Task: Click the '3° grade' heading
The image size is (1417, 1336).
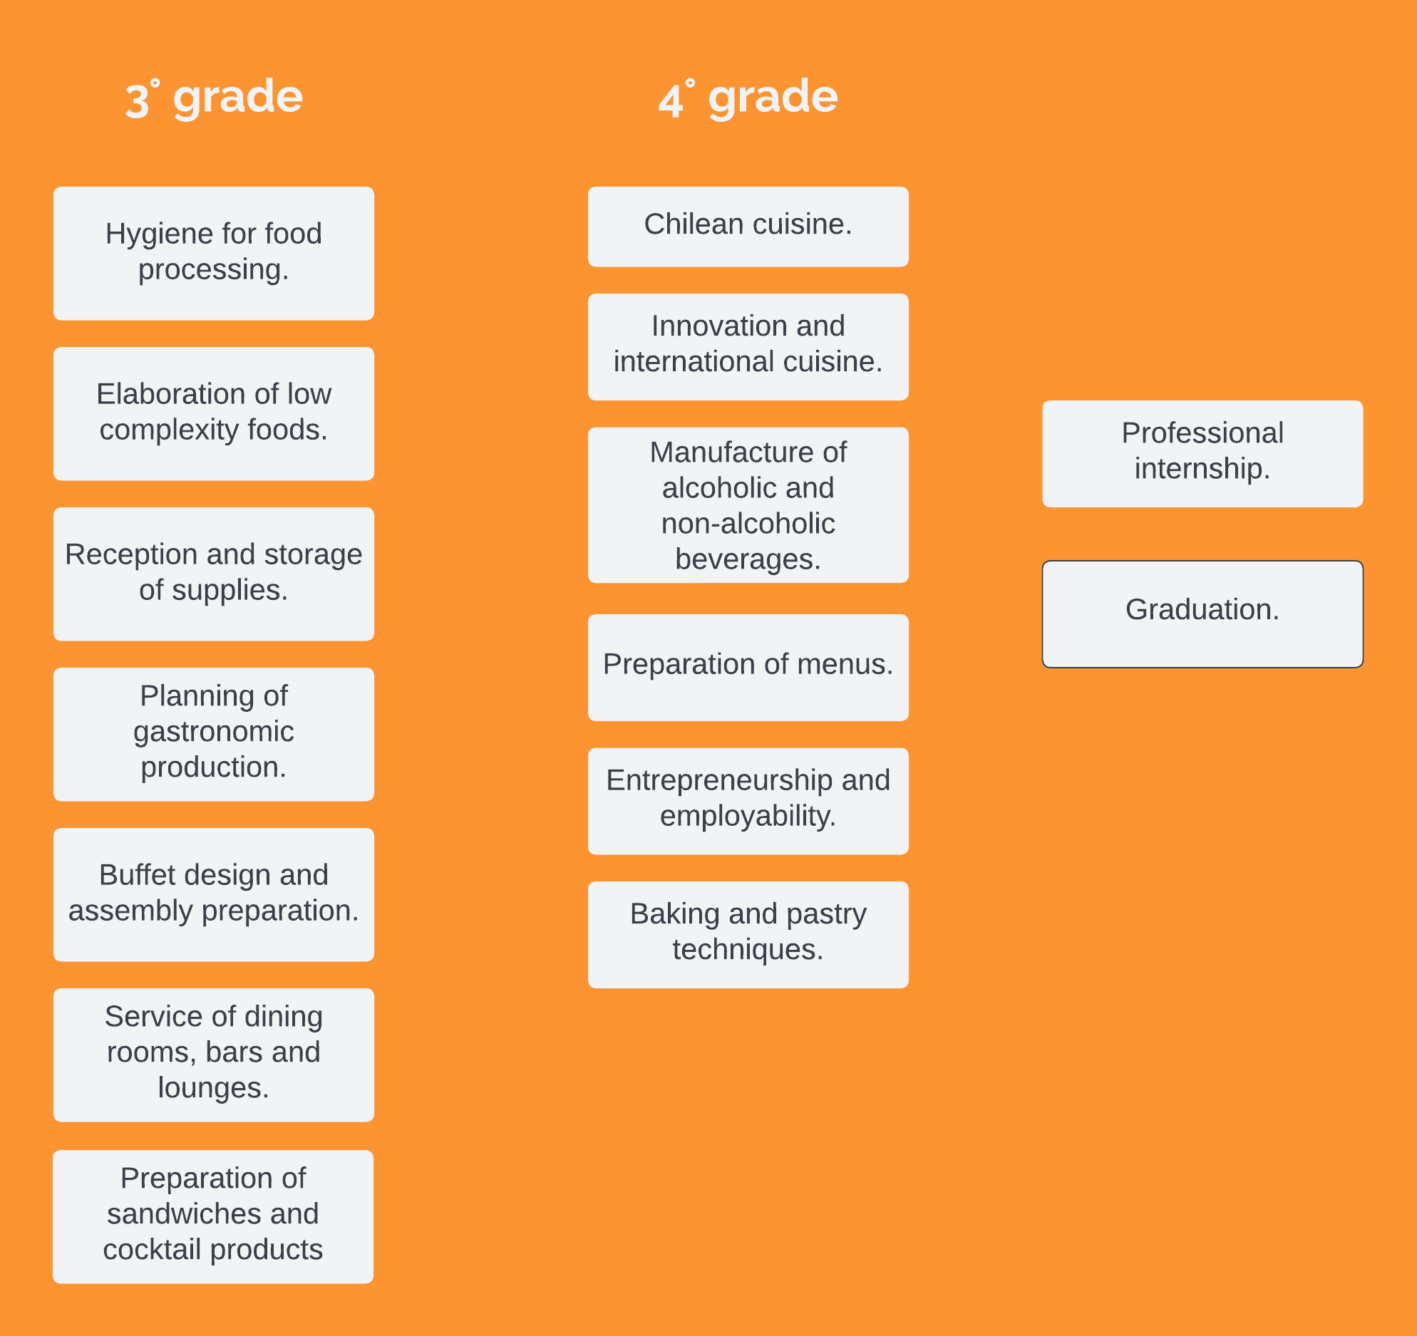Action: click(x=214, y=98)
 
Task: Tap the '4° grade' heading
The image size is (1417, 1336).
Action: click(x=748, y=98)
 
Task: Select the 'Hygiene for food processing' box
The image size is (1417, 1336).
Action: click(x=214, y=254)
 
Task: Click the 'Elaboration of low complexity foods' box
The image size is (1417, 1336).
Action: click(x=214, y=414)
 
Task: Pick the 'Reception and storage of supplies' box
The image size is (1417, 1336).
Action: click(x=214, y=574)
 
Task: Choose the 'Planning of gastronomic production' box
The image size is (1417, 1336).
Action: click(x=214, y=735)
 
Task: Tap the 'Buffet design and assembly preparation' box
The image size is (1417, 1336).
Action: click(x=214, y=895)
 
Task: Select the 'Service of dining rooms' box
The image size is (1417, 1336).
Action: click(x=214, y=1055)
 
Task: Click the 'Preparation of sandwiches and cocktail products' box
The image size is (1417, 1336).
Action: click(x=213, y=1217)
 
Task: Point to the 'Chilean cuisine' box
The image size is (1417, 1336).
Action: click(x=748, y=227)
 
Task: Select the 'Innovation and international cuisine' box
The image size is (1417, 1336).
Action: click(x=748, y=347)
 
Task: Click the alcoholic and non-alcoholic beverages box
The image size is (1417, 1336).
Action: click(x=748, y=505)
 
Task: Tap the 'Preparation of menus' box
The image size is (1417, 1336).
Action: click(x=748, y=668)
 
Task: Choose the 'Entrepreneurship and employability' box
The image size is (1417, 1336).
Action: click(x=748, y=802)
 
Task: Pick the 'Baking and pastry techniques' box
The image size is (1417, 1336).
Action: click(x=748, y=935)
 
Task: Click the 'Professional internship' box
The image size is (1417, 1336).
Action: click(x=1202, y=454)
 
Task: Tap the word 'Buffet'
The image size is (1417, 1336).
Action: click(x=135, y=875)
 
